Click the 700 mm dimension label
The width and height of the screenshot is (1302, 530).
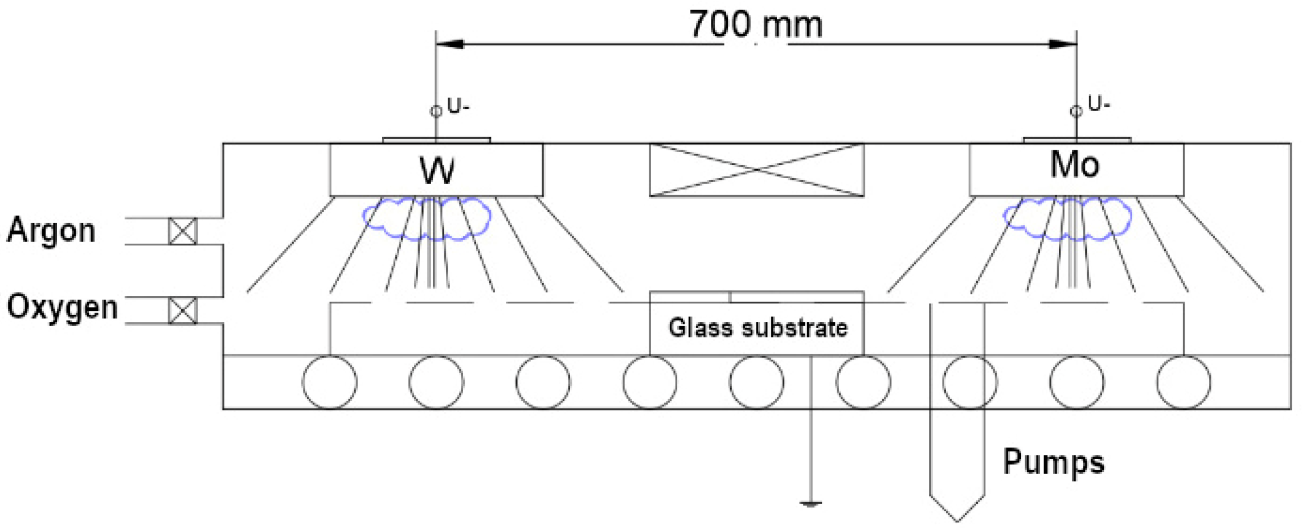756,25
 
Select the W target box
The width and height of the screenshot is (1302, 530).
436,170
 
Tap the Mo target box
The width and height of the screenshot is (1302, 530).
1076,169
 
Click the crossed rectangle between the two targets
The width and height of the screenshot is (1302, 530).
756,170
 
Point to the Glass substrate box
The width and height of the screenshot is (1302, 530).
757,328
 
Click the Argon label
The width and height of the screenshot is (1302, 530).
51,231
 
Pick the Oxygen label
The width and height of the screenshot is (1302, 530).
62,307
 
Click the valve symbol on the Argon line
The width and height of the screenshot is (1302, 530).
183,231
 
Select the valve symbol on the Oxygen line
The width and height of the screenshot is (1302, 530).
183,311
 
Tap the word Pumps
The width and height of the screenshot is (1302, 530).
1053,462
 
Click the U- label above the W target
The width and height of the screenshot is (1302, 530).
458,106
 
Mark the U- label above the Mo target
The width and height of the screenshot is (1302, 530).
1099,104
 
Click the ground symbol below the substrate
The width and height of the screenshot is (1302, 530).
810,503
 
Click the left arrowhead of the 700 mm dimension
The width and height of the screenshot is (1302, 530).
449,44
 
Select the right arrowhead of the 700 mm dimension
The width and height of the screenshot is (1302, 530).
1063,44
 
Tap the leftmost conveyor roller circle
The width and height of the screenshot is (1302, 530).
330,382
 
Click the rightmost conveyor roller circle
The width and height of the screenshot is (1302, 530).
1183,382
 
